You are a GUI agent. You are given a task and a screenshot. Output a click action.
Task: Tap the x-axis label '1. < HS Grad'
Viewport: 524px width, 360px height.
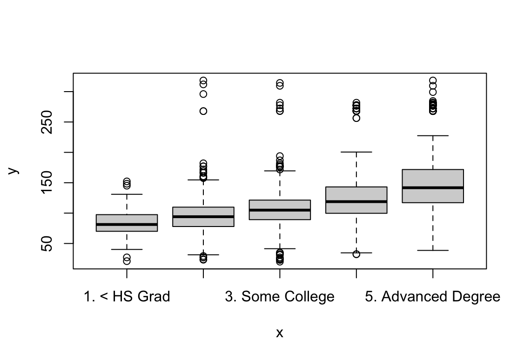click(127, 297)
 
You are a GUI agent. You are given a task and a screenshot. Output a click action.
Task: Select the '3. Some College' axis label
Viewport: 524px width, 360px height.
click(280, 297)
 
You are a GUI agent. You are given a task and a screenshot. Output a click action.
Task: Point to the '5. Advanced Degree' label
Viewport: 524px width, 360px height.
click(432, 297)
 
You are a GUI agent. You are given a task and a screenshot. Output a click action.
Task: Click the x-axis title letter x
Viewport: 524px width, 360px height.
click(280, 333)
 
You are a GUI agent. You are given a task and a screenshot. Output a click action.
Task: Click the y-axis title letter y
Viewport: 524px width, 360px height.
click(14, 171)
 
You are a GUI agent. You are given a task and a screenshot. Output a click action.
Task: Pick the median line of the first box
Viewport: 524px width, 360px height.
click(127, 224)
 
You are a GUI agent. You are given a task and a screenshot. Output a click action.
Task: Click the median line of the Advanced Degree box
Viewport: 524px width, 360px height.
click(433, 187)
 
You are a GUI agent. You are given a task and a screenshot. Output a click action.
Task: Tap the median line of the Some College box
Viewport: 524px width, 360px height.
click(280, 210)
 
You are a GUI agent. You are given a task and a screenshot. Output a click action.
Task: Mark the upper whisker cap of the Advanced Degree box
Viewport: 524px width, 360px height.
click(433, 136)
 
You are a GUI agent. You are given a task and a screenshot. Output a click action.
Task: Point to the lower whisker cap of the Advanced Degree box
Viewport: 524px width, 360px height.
click(433, 250)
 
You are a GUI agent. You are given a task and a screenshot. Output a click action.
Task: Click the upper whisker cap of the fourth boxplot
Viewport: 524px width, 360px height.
click(356, 152)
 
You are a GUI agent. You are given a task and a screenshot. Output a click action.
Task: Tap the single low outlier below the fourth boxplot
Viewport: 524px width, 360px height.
click(356, 254)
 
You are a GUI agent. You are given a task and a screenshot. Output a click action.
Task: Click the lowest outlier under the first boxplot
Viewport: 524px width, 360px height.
click(127, 261)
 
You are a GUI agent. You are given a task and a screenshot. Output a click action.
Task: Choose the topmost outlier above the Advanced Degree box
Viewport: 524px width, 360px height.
click(433, 80)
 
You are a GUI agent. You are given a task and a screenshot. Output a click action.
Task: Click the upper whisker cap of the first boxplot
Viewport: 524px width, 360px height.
click(127, 194)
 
